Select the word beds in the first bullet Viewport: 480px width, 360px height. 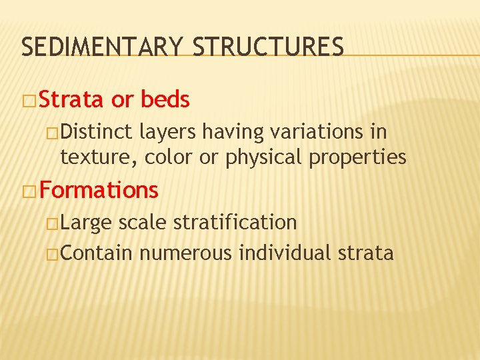click(165, 100)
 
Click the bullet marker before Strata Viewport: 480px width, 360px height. click(30, 101)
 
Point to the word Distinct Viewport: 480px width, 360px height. click(97, 132)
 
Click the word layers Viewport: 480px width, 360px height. click(168, 132)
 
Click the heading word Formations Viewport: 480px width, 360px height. click(99, 191)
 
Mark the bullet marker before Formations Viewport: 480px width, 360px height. click(30, 191)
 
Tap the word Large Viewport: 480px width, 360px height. click(86, 222)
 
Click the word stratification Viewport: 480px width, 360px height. click(235, 222)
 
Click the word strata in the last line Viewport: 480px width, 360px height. click(367, 253)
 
